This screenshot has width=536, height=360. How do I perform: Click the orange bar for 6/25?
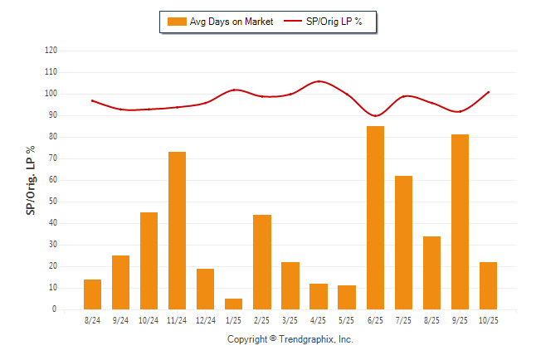[x=375, y=217]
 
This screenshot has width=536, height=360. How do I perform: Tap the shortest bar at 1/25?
[x=233, y=304]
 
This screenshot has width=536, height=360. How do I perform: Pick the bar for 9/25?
[x=460, y=221]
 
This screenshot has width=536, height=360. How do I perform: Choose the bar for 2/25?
[x=261, y=262]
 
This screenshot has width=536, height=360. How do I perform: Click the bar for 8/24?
[x=92, y=294]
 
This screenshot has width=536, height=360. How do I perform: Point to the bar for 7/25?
[x=403, y=242]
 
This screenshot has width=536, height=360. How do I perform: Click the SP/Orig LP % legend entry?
[x=324, y=22]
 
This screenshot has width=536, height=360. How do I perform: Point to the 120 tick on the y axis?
[x=51, y=51]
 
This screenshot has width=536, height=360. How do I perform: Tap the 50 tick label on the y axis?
[x=52, y=202]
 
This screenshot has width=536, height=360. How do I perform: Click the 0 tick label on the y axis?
[x=55, y=309]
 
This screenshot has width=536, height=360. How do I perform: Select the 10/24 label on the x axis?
[x=149, y=320]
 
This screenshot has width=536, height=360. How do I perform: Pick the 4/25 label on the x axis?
[x=318, y=320]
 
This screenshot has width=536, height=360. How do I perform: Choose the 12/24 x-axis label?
[x=205, y=320]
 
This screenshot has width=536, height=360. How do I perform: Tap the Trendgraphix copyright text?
[x=290, y=339]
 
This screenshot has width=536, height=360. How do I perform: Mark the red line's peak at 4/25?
[x=319, y=81]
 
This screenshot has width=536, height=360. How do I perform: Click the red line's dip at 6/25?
[x=376, y=115]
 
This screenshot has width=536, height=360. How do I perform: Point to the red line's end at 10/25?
[x=489, y=92]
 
